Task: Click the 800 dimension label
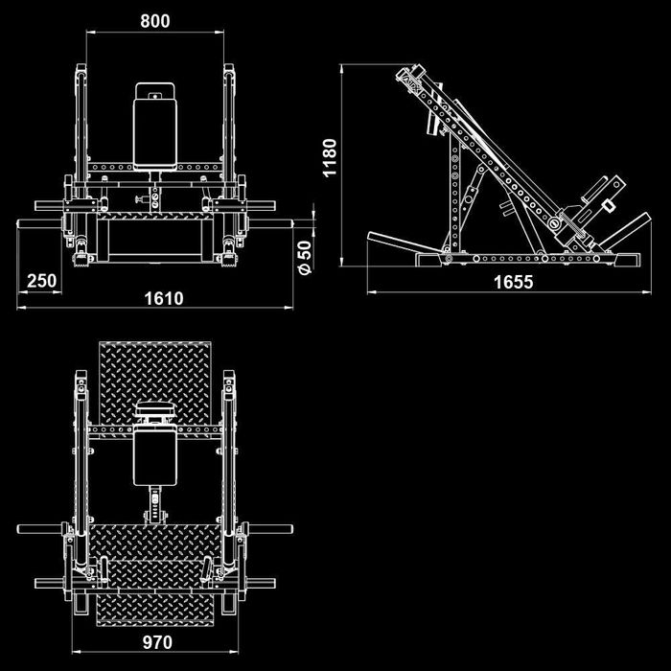[155, 20]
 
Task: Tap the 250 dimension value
[41, 281]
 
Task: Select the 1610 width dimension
[164, 298]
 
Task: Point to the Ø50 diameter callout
[305, 257]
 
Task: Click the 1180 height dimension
[330, 157]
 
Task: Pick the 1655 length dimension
[514, 282]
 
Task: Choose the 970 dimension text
[157, 642]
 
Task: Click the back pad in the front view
[155, 134]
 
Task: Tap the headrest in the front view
[155, 91]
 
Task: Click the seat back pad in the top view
[155, 458]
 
